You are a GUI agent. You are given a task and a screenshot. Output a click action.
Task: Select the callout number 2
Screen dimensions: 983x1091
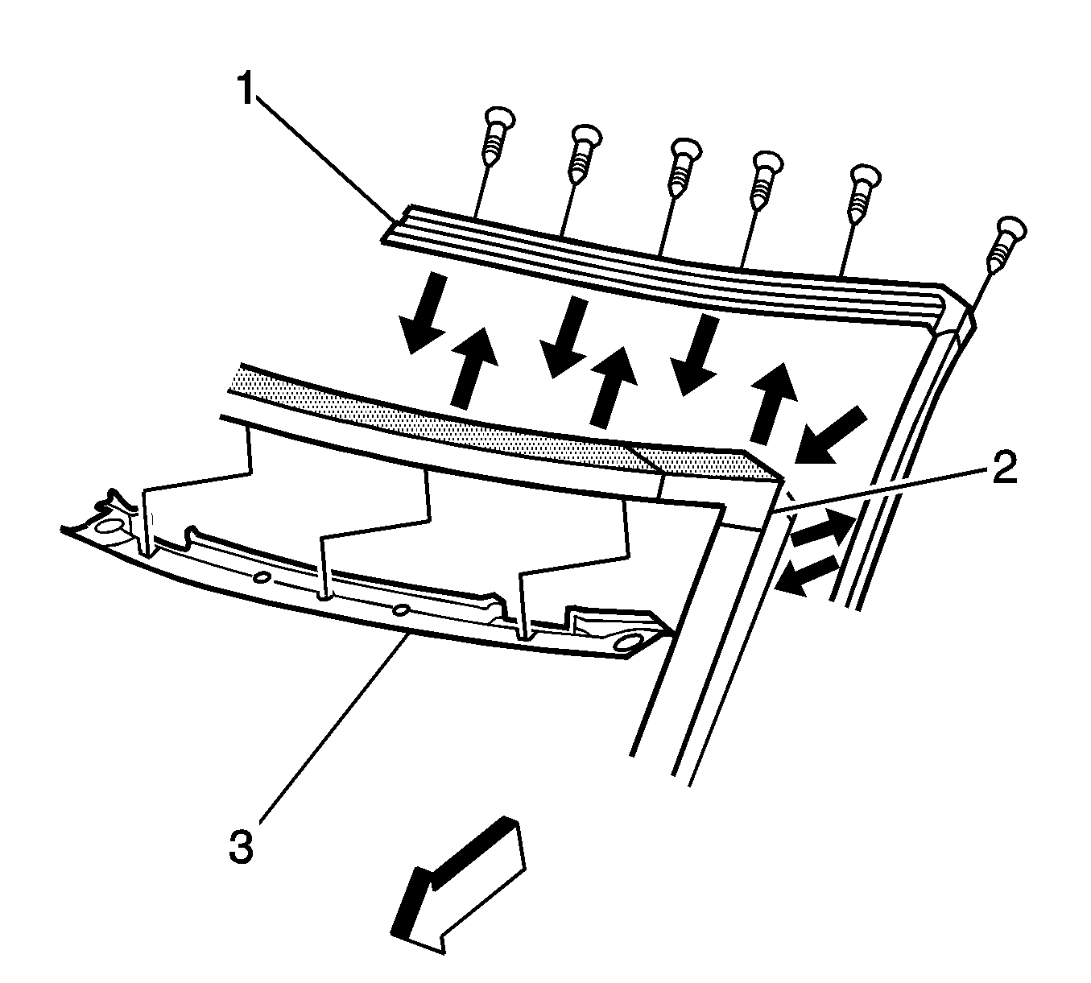(x=1002, y=466)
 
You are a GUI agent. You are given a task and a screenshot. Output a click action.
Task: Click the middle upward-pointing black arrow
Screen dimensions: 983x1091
(x=610, y=386)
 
